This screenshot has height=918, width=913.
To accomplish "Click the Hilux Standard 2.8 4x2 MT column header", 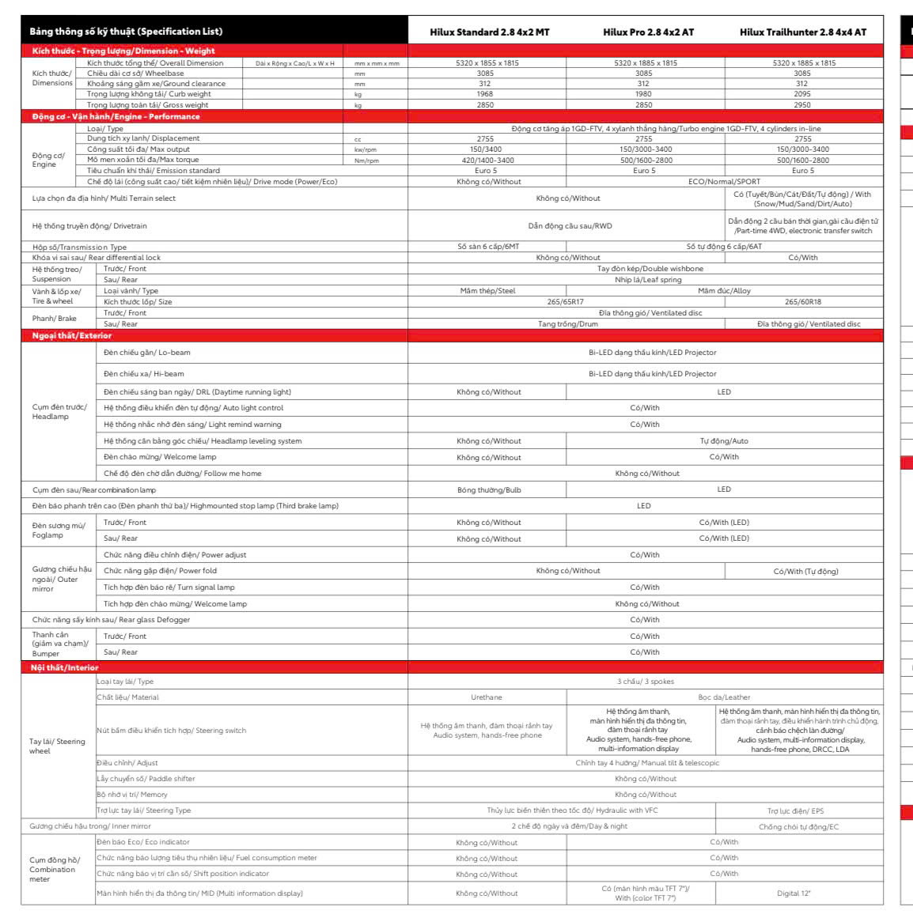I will point(489,32).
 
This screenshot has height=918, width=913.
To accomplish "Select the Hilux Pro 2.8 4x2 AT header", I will point(648,32).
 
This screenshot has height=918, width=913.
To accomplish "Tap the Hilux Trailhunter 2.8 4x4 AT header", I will point(802,32).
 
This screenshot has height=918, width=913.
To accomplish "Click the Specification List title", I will point(126,32).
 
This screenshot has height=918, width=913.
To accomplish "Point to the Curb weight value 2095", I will point(801,94).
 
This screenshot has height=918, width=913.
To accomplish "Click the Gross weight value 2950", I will point(801,104).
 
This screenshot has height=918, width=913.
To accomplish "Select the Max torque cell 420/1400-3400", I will point(487,160).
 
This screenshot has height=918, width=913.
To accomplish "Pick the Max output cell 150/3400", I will point(486,149).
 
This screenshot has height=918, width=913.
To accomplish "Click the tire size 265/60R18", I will point(802,302).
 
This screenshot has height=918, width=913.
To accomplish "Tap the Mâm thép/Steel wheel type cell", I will point(487,291).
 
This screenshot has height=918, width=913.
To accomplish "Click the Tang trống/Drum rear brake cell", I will point(567,324).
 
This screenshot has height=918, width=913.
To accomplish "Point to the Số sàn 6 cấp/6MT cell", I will point(488,247).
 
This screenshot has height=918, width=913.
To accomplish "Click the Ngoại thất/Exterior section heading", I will point(72,336).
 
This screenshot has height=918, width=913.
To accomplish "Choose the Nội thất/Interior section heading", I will point(65,668).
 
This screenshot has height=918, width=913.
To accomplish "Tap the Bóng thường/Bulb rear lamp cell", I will point(489,490).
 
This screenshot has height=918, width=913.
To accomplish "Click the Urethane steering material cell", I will point(487,697).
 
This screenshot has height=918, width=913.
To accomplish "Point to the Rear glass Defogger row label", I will point(111,620).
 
